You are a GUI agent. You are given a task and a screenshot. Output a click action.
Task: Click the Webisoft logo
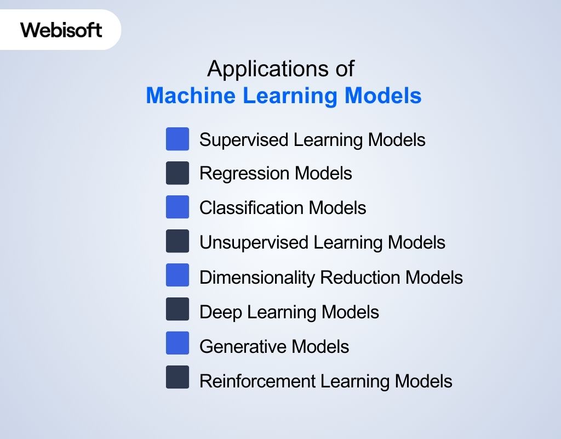click(x=61, y=30)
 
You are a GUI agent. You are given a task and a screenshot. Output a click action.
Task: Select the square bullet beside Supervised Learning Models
click(x=178, y=139)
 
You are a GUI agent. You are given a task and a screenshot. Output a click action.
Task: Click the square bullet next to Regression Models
click(x=178, y=173)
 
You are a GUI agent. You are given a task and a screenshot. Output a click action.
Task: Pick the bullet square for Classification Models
click(x=178, y=207)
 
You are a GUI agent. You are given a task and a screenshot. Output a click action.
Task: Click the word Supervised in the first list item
click(x=244, y=140)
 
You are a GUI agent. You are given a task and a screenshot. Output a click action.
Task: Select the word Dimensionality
click(x=257, y=278)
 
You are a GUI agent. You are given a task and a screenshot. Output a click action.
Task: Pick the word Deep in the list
click(x=221, y=313)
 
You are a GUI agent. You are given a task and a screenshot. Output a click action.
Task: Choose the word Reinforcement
click(x=257, y=381)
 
